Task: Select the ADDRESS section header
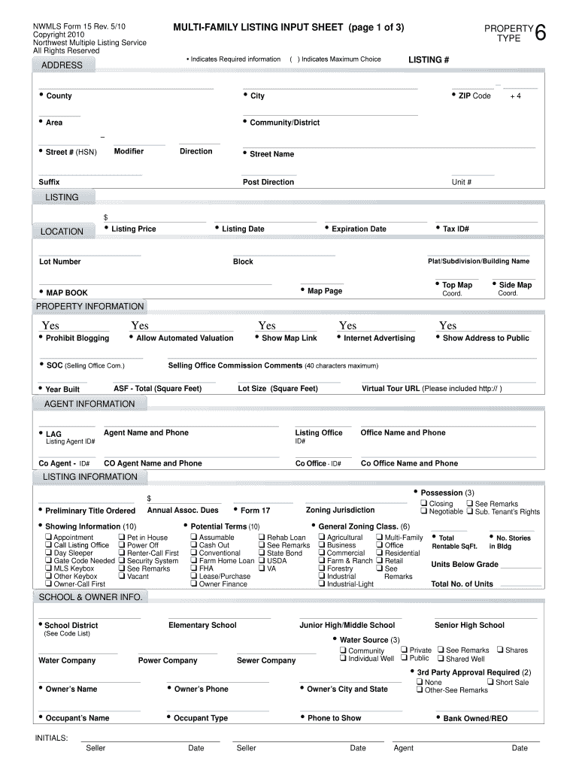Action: (62, 65)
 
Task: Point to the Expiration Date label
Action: (359, 229)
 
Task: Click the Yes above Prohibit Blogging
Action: (50, 326)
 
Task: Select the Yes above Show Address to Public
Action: (447, 326)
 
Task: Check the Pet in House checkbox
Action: (123, 538)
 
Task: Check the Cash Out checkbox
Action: (194, 545)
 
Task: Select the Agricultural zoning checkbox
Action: (323, 538)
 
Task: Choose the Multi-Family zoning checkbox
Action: (380, 538)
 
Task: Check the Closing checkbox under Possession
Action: (424, 503)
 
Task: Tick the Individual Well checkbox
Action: (343, 658)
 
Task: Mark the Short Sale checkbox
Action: (490, 682)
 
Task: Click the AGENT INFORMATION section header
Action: (89, 404)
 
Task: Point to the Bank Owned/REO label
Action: (475, 719)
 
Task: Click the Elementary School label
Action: (202, 625)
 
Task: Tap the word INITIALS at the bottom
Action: (52, 738)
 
